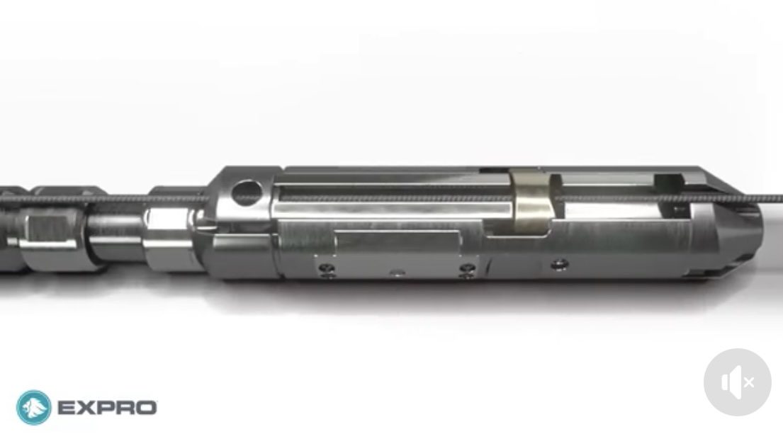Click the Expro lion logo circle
click(34, 408)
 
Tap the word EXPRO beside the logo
click(108, 408)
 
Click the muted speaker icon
click(738, 382)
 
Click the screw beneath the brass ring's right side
click(559, 263)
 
